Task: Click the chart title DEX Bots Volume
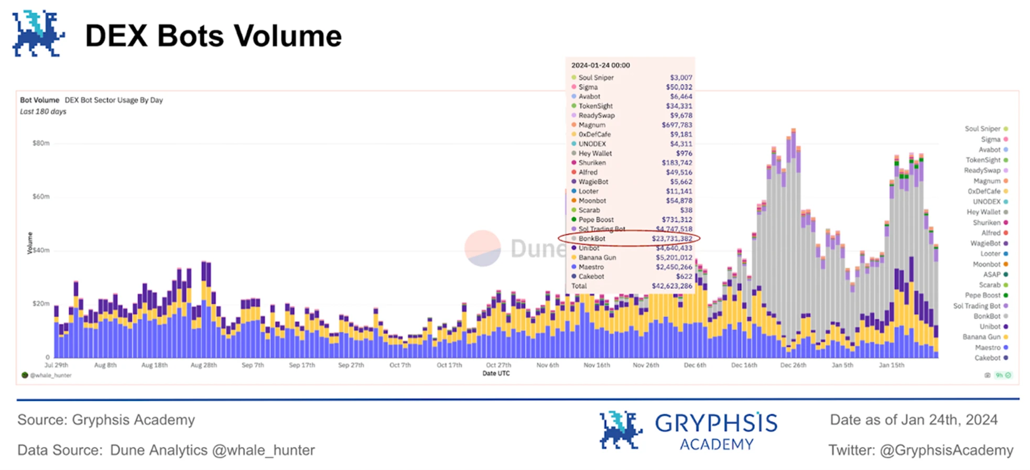[x=213, y=36]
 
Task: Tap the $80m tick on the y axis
[x=41, y=143]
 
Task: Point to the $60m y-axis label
[x=41, y=196]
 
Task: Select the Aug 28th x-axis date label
[x=203, y=365]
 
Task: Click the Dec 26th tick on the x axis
[x=793, y=365]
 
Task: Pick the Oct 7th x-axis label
[x=400, y=365]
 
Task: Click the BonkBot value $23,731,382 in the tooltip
[x=671, y=238]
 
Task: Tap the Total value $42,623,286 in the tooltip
[x=671, y=286]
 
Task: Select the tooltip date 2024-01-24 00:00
[x=600, y=65]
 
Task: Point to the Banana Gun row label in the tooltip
[x=597, y=258]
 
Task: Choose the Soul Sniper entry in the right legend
[x=982, y=129]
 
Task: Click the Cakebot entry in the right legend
[x=987, y=358]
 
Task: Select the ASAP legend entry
[x=992, y=275]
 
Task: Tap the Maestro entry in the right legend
[x=988, y=347]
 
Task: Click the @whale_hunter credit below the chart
[x=50, y=375]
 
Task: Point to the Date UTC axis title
[x=496, y=374]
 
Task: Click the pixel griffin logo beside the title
[x=38, y=34]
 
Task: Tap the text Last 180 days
[x=43, y=112]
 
